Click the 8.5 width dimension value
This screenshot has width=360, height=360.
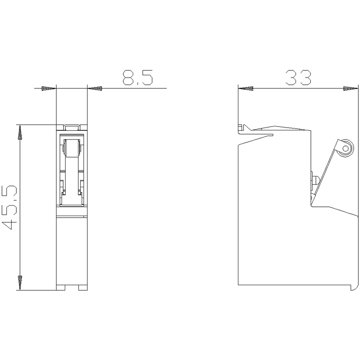[x=138, y=77]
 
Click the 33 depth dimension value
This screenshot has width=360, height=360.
[x=298, y=77]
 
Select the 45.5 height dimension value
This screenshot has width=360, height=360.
[x=9, y=208]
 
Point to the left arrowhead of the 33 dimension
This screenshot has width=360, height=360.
[x=246, y=88]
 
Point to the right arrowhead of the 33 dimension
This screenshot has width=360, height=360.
[x=350, y=88]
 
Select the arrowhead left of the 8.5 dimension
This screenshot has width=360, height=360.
[x=49, y=88]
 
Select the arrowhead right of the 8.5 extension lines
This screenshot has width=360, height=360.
[x=95, y=88]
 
